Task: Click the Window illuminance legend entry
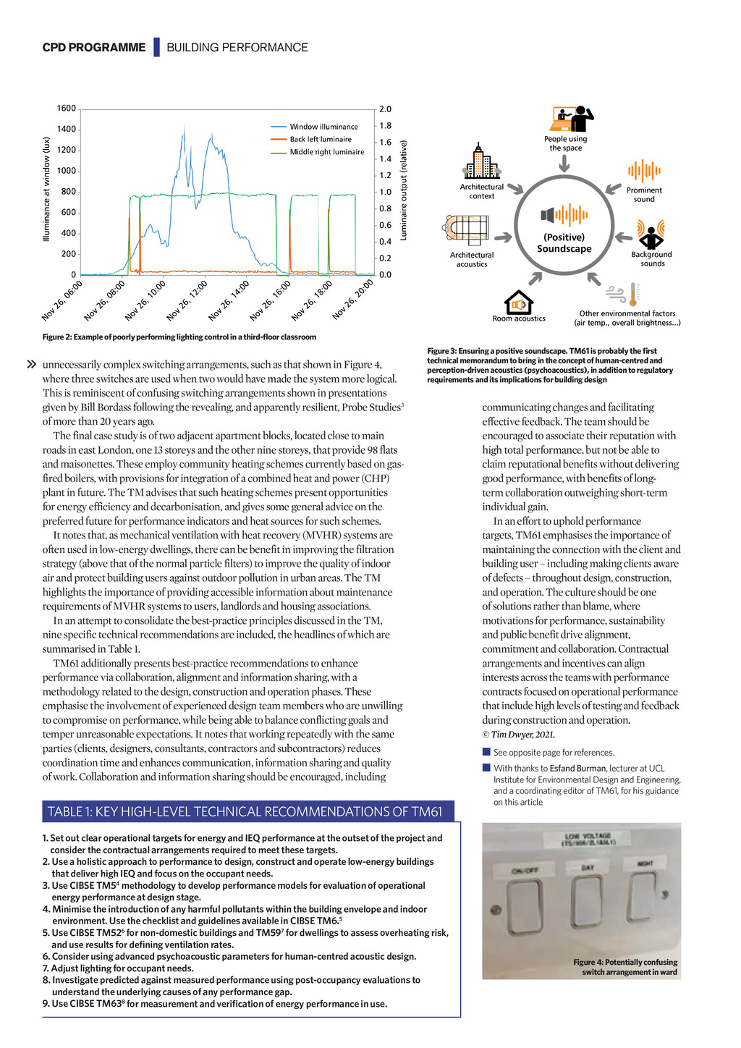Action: coord(323,127)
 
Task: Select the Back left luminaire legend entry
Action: coord(321,139)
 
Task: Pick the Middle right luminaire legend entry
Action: coord(326,152)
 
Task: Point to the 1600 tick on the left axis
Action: coord(67,109)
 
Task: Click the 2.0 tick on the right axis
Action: coord(385,109)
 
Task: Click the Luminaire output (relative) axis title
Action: coord(404,190)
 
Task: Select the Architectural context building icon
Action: coord(481,162)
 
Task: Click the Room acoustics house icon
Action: coord(518,302)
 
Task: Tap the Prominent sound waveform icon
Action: coord(644,172)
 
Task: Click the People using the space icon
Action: coord(572,119)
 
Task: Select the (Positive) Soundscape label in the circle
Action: coord(564,243)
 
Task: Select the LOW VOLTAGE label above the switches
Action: coord(588,840)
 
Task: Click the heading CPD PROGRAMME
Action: coord(94,48)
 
